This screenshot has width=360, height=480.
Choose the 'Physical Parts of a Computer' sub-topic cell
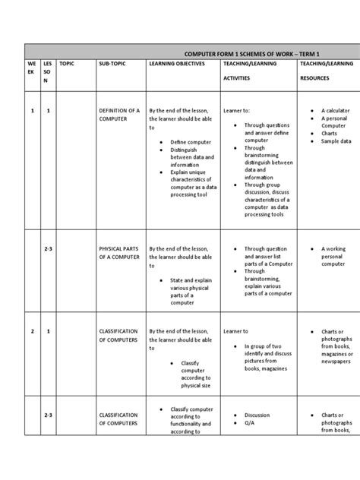pos(119,253)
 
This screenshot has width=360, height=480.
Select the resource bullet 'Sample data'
pos(336,141)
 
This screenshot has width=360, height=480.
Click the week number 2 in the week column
pos(33,331)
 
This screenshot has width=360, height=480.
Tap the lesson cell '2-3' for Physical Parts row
pos(48,248)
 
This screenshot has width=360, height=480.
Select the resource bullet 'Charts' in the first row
pos(330,132)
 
